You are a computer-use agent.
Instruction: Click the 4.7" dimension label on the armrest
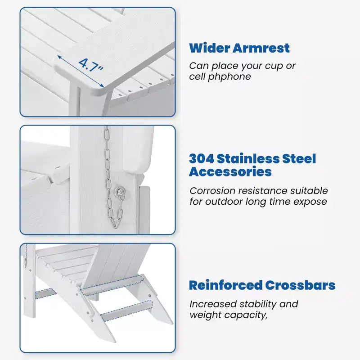[91, 65]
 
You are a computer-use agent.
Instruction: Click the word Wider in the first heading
[210, 48]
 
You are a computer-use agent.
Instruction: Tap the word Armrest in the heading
[261, 48]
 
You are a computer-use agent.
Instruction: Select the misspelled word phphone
[229, 77]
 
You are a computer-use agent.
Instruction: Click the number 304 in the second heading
[202, 159]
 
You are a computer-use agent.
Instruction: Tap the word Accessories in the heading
[230, 172]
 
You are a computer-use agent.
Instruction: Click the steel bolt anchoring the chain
[120, 191]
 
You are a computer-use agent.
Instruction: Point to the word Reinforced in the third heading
[226, 285]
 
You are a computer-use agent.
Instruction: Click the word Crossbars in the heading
[300, 285]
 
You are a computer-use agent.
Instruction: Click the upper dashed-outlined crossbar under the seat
[112, 285]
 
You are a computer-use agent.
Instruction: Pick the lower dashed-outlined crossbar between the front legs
[126, 310]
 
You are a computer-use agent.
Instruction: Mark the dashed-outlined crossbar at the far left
[45, 293]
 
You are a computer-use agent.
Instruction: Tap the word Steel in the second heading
[299, 159]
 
